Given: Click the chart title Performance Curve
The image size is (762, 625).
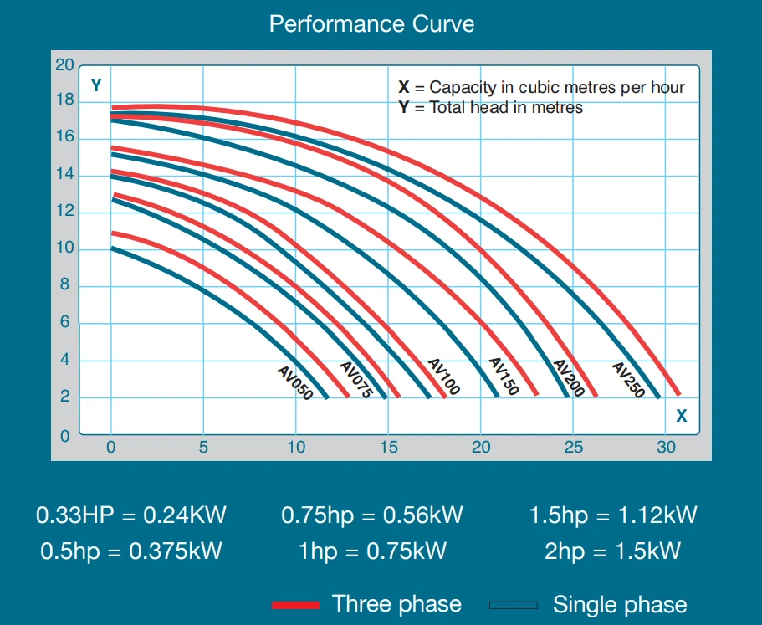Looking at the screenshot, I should click(371, 23).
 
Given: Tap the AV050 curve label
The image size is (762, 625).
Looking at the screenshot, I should click(294, 382).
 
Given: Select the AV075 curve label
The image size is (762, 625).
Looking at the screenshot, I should click(355, 379).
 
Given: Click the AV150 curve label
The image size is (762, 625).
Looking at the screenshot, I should click(504, 377).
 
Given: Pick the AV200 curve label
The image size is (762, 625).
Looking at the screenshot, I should click(568, 378).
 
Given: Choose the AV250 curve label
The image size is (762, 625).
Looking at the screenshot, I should click(628, 379).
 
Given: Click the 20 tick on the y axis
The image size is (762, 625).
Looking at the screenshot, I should click(64, 65).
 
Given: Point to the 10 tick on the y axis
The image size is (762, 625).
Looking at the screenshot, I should click(64, 249).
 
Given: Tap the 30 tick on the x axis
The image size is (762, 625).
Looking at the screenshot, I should click(666, 447).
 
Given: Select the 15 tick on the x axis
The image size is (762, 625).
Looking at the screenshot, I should click(388, 447).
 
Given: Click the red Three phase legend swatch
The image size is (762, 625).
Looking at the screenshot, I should click(295, 604).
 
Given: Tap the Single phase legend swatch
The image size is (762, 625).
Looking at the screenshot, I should click(514, 604).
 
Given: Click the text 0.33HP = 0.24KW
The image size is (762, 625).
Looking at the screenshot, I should click(131, 515).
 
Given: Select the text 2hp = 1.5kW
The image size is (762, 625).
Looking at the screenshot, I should click(613, 551).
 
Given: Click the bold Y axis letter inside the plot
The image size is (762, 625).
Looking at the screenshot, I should click(96, 85).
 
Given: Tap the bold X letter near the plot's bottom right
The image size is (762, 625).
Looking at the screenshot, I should click(682, 415).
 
